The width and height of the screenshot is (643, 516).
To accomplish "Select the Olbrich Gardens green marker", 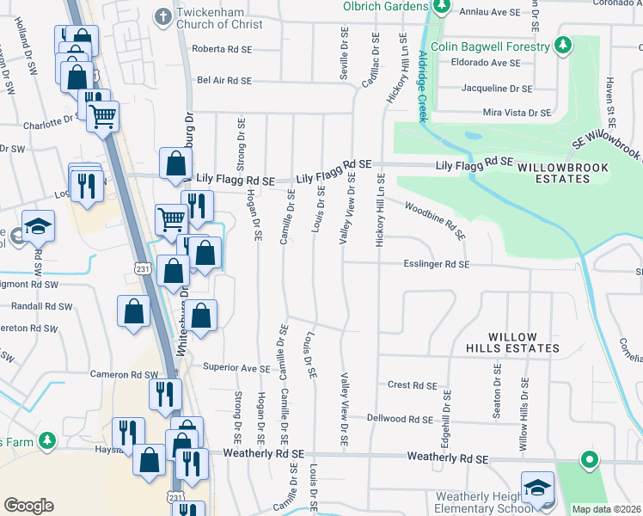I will [x=442, y=6].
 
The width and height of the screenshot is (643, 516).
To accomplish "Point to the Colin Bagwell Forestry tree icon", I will [x=563, y=44].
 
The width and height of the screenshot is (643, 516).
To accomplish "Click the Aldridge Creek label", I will [x=422, y=86].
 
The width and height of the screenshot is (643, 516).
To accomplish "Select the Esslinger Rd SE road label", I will [x=436, y=265].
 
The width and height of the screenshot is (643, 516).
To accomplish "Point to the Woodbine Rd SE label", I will [x=435, y=220].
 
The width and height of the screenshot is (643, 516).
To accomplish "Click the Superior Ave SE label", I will [x=236, y=367].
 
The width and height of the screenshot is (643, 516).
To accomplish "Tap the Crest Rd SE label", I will [x=413, y=385].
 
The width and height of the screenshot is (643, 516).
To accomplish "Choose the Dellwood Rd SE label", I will [x=398, y=419].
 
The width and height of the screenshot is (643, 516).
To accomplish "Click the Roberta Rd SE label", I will [x=222, y=49].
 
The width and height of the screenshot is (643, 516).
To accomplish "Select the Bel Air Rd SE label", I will [x=224, y=80].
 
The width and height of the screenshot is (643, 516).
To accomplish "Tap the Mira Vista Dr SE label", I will [x=516, y=113].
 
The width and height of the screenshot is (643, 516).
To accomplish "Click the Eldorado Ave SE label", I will [x=492, y=63].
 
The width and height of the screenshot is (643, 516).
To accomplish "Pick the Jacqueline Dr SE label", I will [x=498, y=88].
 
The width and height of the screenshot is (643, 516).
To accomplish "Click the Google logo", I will [x=28, y=506].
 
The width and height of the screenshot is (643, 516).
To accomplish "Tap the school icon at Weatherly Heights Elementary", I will [x=538, y=487].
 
